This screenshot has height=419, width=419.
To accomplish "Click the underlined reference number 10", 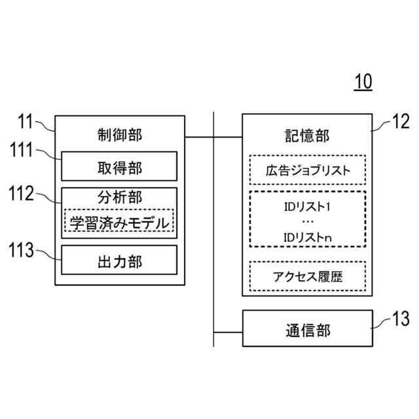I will [x=363, y=82].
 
